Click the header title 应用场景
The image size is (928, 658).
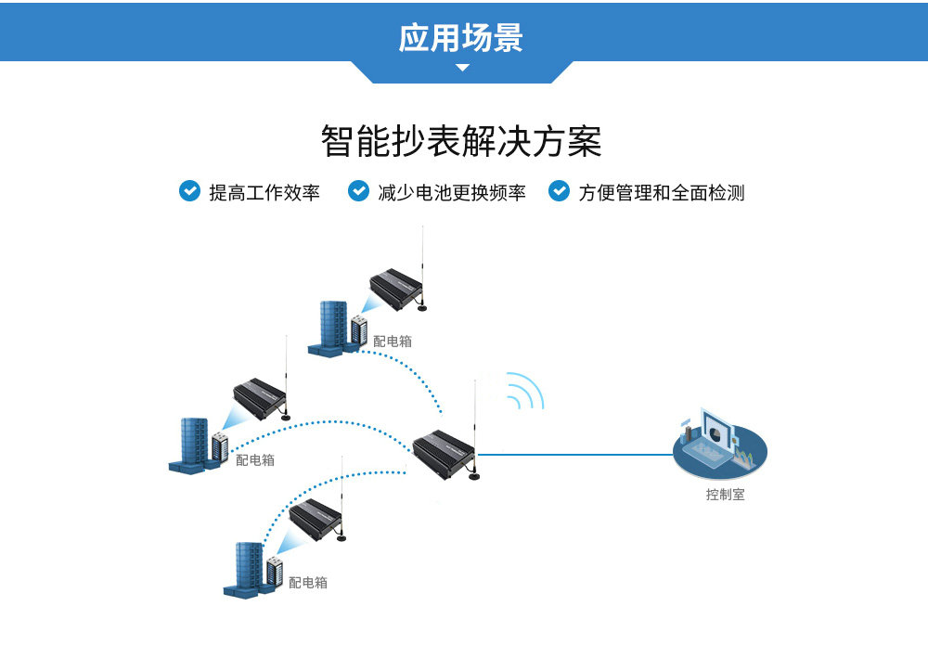[x=461, y=37]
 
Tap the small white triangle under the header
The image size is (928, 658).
[x=462, y=68]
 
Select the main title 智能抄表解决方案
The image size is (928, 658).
[x=461, y=142]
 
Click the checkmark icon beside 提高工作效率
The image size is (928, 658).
[x=189, y=191]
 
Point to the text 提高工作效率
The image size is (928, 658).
[x=264, y=193]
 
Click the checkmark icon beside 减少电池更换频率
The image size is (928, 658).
[x=358, y=191]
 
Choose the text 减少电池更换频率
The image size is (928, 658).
[x=452, y=193]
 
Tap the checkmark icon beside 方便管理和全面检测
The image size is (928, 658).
[x=559, y=191]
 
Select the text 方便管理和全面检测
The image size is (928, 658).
[x=662, y=193]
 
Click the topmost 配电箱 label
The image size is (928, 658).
[x=393, y=342]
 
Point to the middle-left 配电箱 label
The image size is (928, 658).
[x=255, y=459]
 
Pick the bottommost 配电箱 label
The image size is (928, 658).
[x=308, y=583]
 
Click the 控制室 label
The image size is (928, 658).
[x=725, y=495]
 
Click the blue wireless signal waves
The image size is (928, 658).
[x=525, y=391]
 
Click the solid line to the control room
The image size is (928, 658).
[x=575, y=455]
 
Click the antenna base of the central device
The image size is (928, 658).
[x=473, y=479]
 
